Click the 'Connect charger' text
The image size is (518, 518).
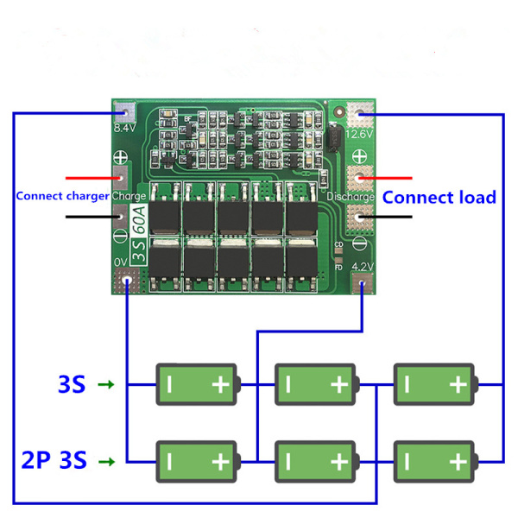point(63,196)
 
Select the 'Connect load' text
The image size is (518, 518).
point(439,198)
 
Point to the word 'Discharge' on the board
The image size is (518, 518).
point(350,197)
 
